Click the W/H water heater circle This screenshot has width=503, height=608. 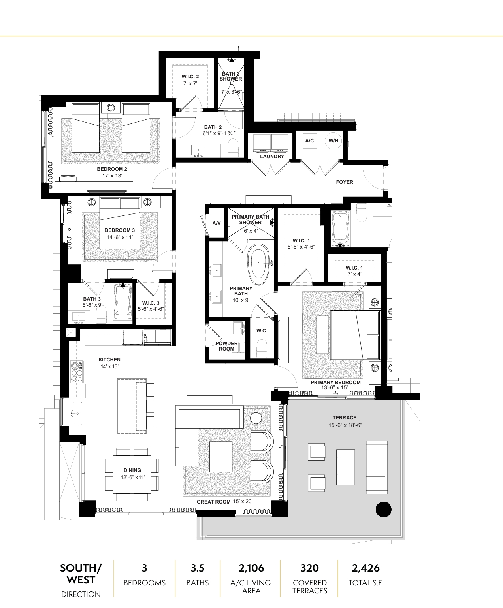point(333,141)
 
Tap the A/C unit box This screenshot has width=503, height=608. point(309,141)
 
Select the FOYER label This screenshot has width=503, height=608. point(345,182)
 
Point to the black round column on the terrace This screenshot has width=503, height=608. point(383,510)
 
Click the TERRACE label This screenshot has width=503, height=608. point(345,417)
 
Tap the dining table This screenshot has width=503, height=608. point(132,474)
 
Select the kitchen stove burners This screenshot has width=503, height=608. point(77,372)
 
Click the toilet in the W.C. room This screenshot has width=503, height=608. point(262,349)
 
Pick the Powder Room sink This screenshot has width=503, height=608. point(238,329)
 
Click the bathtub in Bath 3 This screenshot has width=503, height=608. point(123,303)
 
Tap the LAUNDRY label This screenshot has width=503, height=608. point(272,157)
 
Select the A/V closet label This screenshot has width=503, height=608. point(216,223)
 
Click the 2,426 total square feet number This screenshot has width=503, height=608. point(365,568)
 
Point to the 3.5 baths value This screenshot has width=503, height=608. point(198,568)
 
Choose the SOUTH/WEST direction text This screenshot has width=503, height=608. point(81,574)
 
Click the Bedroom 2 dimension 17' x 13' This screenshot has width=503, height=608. point(112,176)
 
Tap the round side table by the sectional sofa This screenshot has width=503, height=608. point(256,418)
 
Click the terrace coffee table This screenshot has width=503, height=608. point(345,467)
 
